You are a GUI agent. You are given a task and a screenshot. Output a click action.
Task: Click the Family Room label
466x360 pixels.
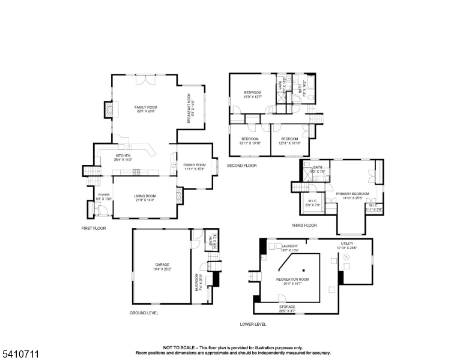[x=145, y=109]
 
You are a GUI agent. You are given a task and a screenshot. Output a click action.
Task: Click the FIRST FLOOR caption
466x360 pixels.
[x=94, y=229]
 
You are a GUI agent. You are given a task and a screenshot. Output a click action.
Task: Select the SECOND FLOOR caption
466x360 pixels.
[x=242, y=165]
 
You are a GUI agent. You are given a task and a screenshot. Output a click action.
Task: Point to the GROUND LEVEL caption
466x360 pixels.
[x=145, y=313]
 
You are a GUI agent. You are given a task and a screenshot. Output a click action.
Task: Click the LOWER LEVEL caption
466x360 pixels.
[x=252, y=325]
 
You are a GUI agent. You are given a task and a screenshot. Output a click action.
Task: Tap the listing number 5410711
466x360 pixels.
[x=20, y=354]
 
